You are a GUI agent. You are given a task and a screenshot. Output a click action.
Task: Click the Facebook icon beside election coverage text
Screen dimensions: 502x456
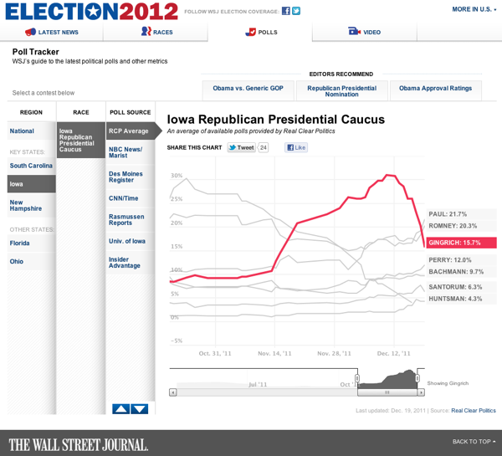(x=286, y=11)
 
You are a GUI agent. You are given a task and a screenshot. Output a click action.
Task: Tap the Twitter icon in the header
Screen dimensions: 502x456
(x=296, y=11)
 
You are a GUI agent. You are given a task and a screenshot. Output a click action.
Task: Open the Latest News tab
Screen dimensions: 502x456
(x=52, y=32)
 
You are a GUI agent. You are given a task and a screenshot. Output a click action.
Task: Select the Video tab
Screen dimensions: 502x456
(x=364, y=32)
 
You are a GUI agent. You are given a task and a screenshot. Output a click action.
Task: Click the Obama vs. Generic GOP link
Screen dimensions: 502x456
(x=248, y=89)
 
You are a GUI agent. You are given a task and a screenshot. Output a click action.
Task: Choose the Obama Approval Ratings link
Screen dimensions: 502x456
(x=435, y=89)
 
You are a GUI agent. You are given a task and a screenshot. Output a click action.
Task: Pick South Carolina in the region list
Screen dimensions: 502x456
(x=31, y=166)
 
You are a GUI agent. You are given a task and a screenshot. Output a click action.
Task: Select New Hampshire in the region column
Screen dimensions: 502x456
(x=26, y=205)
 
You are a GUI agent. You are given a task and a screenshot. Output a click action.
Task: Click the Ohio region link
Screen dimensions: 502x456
(x=17, y=261)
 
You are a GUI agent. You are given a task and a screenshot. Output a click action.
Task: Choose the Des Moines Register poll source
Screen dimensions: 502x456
(x=125, y=177)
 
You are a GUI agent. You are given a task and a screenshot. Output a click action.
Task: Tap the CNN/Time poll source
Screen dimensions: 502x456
(x=123, y=198)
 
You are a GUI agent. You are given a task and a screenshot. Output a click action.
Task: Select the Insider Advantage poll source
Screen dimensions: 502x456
(x=124, y=263)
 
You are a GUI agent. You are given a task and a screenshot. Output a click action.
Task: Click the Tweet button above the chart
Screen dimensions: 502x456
(x=242, y=147)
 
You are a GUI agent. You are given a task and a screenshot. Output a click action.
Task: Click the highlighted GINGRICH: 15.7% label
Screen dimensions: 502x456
(x=461, y=243)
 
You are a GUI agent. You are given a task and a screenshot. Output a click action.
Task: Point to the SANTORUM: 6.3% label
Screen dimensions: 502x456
(x=455, y=287)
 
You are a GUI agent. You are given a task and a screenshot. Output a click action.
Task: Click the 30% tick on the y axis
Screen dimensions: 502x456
(x=177, y=176)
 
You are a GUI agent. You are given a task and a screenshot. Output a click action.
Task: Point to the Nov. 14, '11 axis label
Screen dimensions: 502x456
(x=274, y=354)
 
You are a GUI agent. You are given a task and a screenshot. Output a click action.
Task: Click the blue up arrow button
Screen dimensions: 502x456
(x=120, y=409)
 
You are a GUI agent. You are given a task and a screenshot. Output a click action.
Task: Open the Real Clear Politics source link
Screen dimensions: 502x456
(x=474, y=411)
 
